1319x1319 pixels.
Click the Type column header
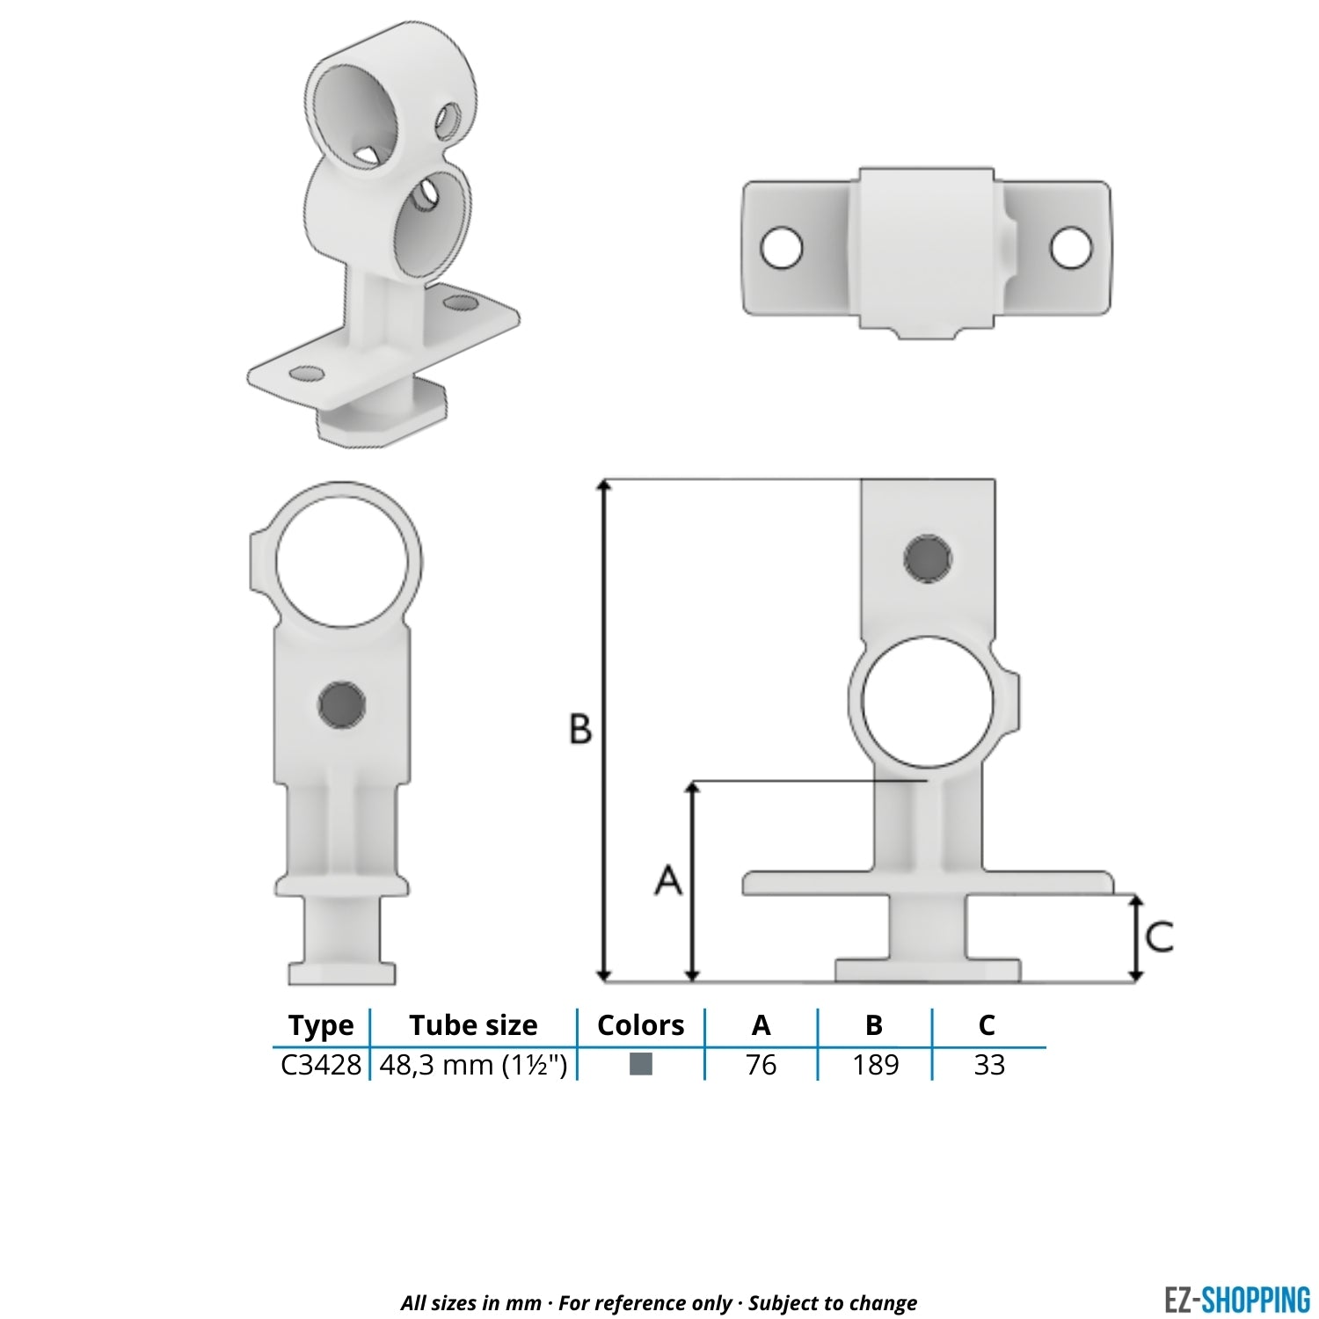[x=321, y=1025]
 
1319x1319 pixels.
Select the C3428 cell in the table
[x=321, y=1065]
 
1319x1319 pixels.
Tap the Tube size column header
[x=473, y=1025]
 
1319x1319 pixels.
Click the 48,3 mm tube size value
[x=473, y=1065]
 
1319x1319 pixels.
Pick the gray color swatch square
[x=641, y=1064]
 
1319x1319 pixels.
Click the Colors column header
[x=640, y=1025]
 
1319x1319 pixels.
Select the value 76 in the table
[x=761, y=1065]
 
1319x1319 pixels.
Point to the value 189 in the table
[x=875, y=1065]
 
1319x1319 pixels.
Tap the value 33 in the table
[x=989, y=1065]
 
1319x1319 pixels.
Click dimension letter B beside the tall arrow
[x=580, y=729]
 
